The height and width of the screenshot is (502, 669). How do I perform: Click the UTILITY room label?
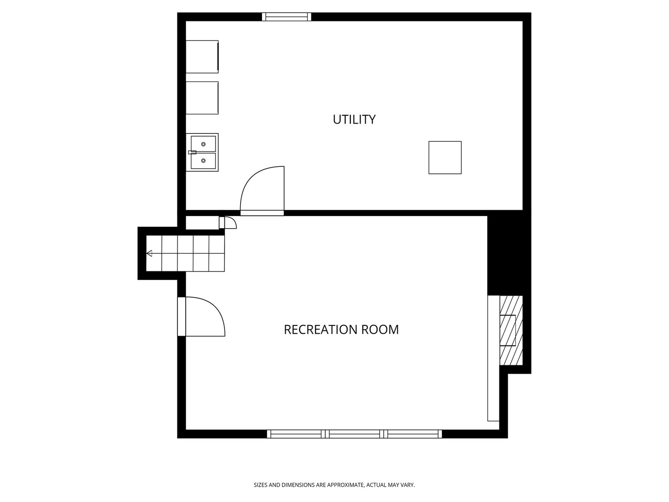354,119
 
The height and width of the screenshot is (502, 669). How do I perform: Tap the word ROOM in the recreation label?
380,330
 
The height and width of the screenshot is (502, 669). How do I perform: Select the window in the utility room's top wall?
287,17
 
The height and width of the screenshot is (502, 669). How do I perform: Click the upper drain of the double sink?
203,144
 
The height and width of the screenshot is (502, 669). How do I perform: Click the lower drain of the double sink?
203,161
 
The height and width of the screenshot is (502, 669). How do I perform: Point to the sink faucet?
192,152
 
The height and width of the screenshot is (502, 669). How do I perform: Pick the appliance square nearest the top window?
202,57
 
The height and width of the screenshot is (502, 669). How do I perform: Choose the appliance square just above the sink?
202,98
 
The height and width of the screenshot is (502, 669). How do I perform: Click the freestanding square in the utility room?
445,158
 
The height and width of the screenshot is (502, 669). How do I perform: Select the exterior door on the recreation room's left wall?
201,317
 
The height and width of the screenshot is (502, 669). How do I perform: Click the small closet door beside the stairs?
228,223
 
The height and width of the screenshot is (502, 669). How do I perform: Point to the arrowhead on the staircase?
149,253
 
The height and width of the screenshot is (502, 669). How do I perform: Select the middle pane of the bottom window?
354,434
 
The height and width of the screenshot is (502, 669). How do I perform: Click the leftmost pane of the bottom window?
296,434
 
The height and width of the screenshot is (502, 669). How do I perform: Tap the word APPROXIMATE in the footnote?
346,485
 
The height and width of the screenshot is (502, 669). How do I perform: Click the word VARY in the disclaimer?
408,485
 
